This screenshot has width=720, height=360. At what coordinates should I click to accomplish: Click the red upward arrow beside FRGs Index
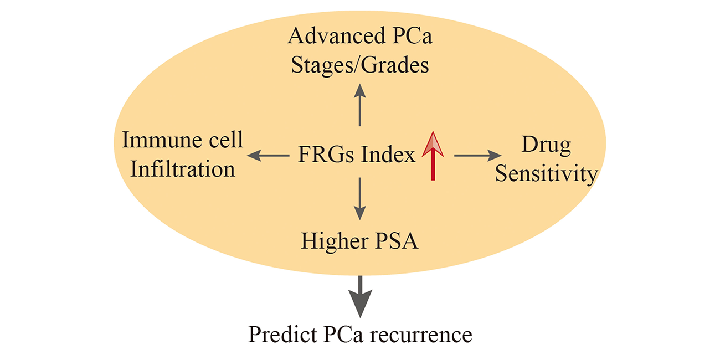433,156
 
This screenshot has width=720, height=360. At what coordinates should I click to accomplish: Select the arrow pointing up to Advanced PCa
359,105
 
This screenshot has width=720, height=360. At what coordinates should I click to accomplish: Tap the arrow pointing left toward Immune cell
268,156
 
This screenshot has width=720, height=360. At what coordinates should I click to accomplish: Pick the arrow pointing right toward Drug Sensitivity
477,156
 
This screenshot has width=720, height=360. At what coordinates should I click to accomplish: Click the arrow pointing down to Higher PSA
359,199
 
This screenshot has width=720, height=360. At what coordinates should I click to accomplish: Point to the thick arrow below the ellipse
360,297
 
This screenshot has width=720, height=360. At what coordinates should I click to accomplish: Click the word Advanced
337,35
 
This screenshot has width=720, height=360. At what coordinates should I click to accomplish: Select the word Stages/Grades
360,65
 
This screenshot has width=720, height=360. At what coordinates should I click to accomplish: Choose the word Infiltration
183,169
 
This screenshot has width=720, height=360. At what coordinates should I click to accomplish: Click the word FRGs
325,155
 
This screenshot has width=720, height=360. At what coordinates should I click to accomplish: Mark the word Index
388,155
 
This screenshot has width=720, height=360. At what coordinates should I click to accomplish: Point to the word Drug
546,146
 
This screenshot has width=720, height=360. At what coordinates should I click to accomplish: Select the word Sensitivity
546,174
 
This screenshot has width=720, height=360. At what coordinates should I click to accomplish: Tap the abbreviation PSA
397,241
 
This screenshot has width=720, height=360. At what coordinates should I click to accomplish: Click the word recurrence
421,336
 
